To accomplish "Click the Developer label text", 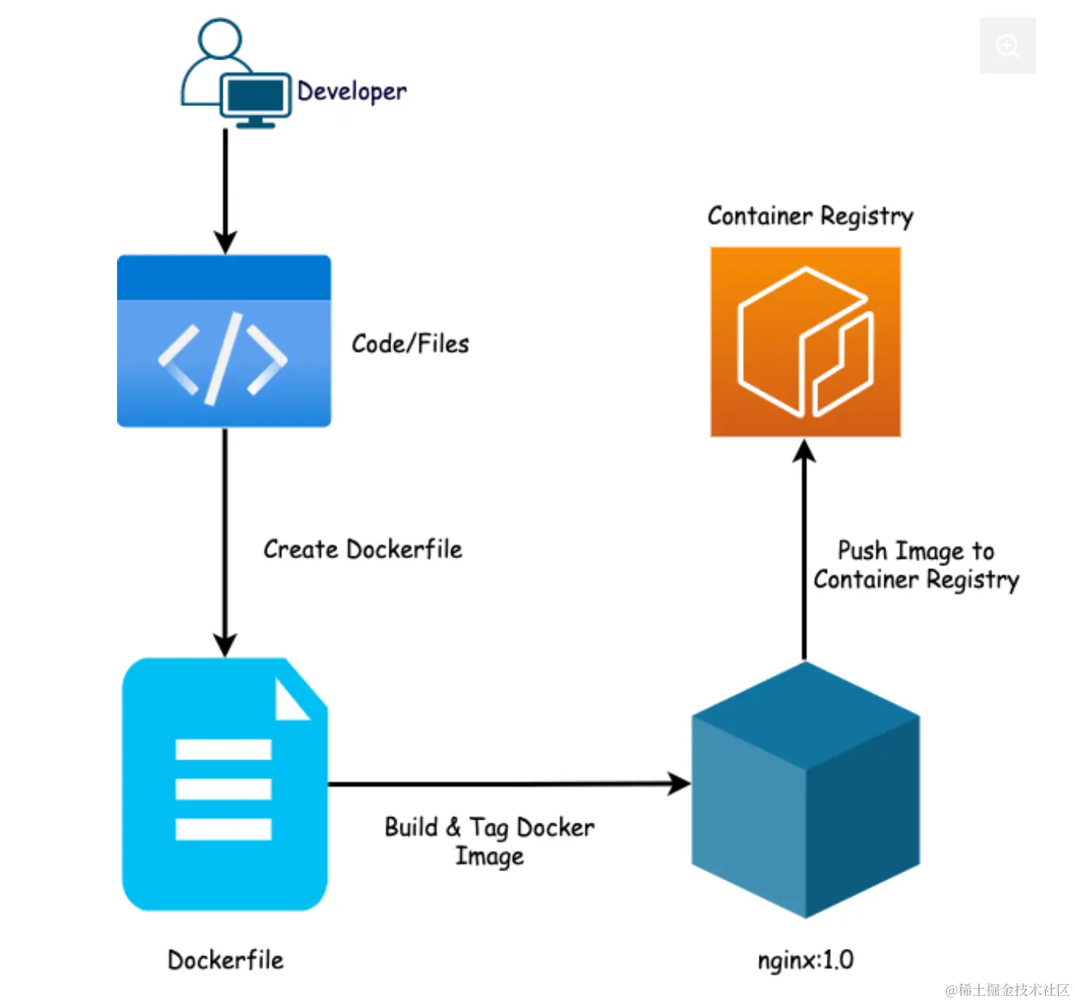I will pos(352,92).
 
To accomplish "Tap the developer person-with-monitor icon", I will pos(234,74).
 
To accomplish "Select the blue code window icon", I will pos(224,341).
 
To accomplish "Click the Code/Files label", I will pos(410,343).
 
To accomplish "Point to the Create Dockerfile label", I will pos(362,550).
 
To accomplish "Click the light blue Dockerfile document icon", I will pos(224,784).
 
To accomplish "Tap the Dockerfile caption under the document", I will pos(226,960).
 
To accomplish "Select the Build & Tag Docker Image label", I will pos(489,841).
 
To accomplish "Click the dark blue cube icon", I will pos(806,790).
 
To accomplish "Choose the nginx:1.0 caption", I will pos(806,959).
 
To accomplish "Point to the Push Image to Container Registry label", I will pos(916,565).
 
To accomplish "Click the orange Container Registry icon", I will pos(806,342).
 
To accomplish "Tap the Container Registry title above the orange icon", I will pos(810,216).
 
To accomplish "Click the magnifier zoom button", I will pos(1008,46).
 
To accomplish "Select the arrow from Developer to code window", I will pos(226,191).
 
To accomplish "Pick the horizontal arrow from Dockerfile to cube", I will pos(507,783).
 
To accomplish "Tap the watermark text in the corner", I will pos(1007,990).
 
